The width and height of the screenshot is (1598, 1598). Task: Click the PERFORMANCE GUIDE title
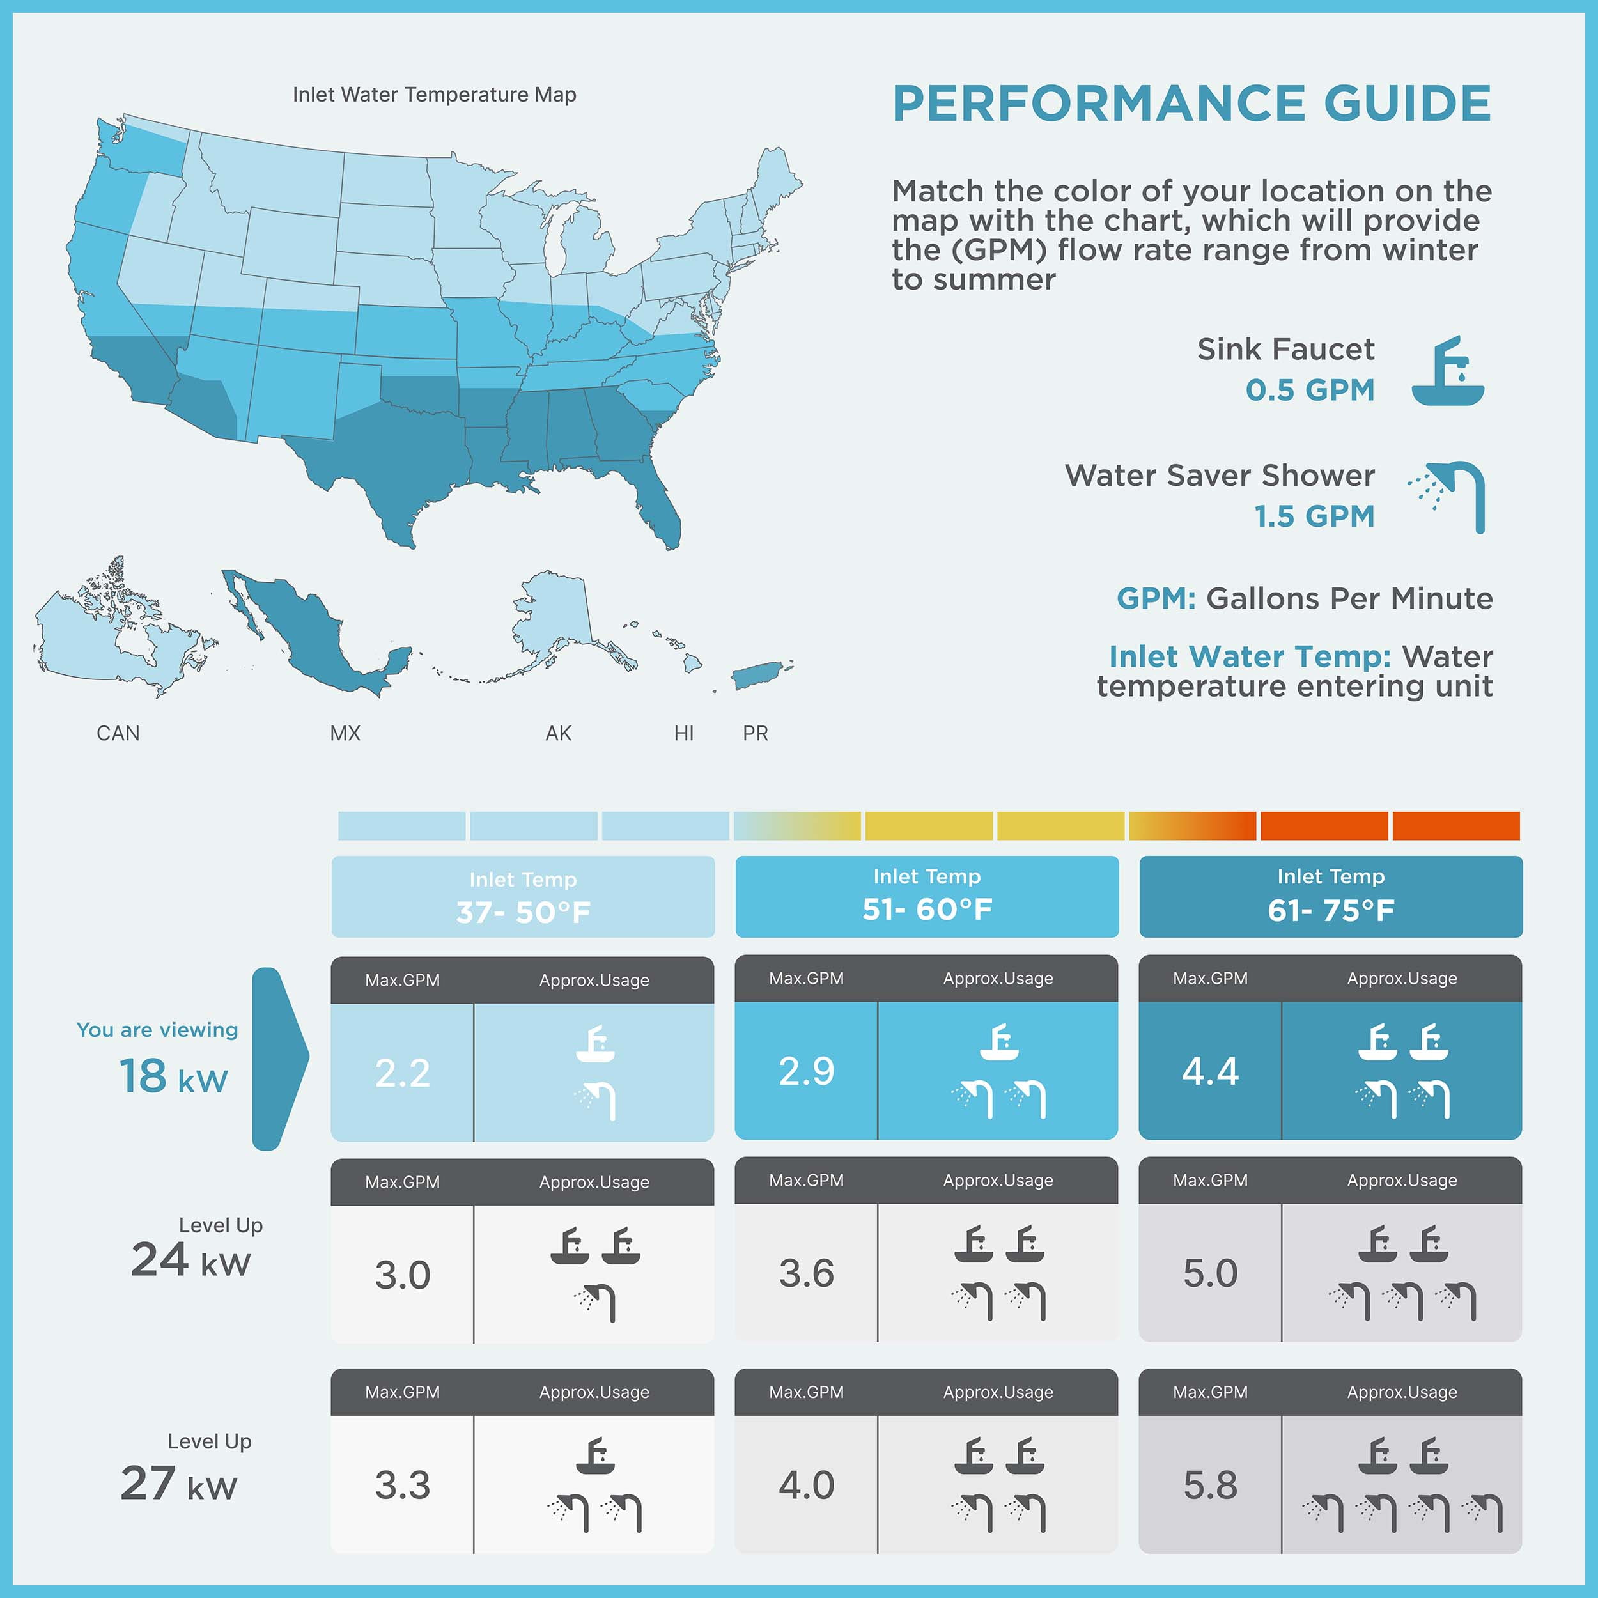[1191, 104]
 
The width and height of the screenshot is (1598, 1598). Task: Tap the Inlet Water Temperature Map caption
[434, 95]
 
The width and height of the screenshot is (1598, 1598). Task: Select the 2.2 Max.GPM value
[402, 1073]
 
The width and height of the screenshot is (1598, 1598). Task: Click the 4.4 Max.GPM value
[1210, 1071]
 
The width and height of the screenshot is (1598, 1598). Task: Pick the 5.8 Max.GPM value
[1210, 1485]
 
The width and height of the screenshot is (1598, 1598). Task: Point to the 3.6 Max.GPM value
[807, 1273]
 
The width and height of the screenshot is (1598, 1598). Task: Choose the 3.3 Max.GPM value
[402, 1485]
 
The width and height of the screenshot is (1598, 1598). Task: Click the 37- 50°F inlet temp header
[523, 897]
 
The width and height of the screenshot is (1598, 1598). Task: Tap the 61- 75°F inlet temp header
[1331, 897]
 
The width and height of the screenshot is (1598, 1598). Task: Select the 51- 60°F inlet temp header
[926, 897]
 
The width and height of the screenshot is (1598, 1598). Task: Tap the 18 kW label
[174, 1076]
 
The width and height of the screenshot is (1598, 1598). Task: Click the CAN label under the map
[118, 733]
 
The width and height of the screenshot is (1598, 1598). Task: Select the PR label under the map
[755, 733]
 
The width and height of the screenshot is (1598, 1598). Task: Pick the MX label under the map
[345, 733]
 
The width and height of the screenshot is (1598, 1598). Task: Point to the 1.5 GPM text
[1314, 516]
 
